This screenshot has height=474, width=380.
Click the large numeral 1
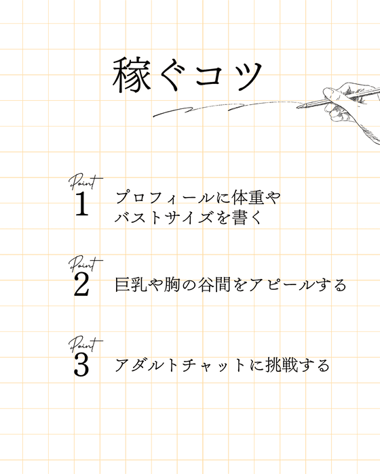(81, 204)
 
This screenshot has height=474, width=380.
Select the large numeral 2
(81, 285)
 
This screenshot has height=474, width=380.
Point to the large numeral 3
(81, 366)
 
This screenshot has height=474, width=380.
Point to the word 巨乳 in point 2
(133, 284)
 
